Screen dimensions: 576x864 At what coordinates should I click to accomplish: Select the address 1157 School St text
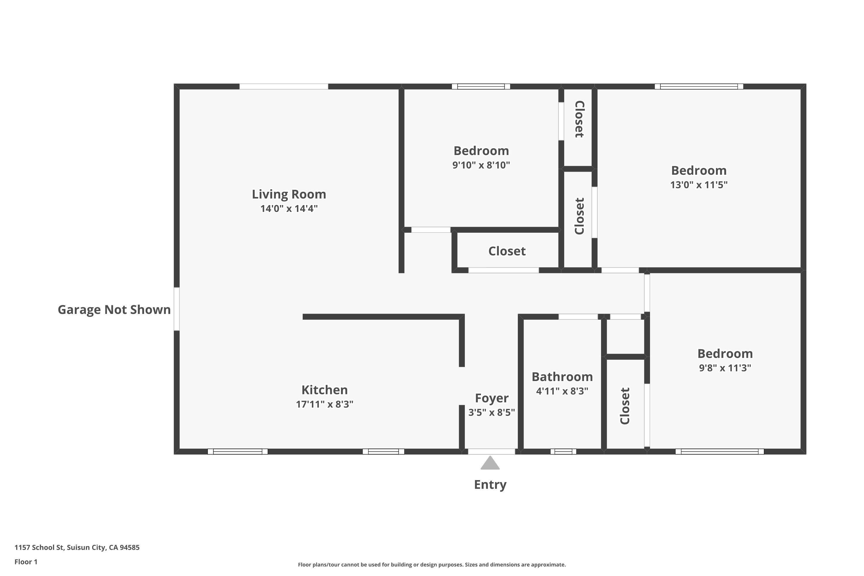pos(77,547)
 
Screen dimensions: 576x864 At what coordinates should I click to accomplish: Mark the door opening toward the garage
pos(177,309)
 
